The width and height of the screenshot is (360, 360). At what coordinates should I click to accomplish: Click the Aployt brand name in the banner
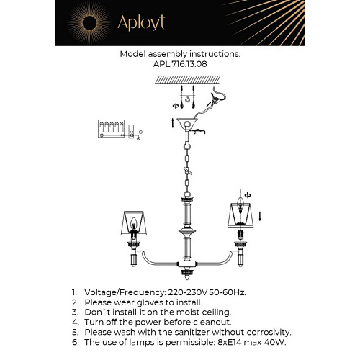[x=141, y=23]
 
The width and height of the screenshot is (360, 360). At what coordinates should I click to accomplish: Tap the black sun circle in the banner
[x=89, y=23]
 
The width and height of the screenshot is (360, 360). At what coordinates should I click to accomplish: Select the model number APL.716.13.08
[x=180, y=64]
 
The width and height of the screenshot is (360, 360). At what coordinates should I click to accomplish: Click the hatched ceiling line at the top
[x=187, y=80]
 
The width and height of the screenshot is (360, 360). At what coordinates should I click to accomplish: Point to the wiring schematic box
[x=111, y=129]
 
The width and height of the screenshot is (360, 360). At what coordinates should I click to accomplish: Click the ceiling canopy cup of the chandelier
[x=186, y=123]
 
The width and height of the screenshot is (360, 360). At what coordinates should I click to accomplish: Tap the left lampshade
[x=134, y=223]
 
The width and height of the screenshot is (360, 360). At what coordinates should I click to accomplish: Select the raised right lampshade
[x=240, y=215]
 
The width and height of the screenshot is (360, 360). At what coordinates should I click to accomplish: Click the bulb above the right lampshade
[x=240, y=203]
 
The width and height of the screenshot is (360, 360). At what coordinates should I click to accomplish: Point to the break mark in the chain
[x=187, y=171]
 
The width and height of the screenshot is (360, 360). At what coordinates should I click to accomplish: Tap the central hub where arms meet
[x=187, y=264]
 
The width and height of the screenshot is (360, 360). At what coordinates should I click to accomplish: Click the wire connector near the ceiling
[x=214, y=100]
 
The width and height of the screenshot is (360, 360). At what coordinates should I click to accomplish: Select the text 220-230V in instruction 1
[x=188, y=292]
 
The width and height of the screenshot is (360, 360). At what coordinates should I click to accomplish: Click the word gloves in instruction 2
[x=150, y=302]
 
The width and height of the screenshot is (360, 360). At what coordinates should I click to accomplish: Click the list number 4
[x=75, y=323]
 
